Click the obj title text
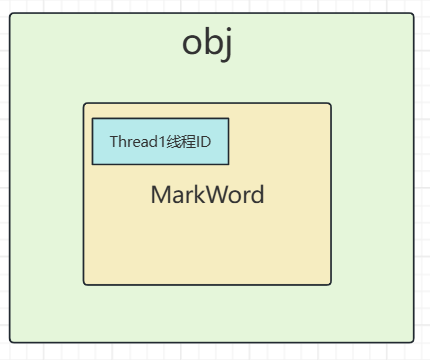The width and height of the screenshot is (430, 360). click(x=207, y=44)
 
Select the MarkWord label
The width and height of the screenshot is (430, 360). click(x=207, y=194)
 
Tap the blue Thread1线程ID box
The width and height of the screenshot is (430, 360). click(x=160, y=141)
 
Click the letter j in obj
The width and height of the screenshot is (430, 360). click(x=226, y=46)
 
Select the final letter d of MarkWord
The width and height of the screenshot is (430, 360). click(x=257, y=194)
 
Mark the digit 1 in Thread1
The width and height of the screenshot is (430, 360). click(x=158, y=141)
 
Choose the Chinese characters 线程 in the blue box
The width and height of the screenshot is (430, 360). click(x=180, y=141)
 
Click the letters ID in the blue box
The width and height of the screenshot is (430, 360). click(x=204, y=141)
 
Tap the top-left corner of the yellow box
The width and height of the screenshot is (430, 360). click(x=85, y=104)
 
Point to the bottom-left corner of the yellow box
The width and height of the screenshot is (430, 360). click(x=85, y=284)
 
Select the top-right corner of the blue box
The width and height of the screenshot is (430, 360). click(x=227, y=120)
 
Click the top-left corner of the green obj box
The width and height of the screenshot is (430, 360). click(x=11, y=14)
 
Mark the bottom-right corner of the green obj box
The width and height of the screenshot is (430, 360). click(x=412, y=342)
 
